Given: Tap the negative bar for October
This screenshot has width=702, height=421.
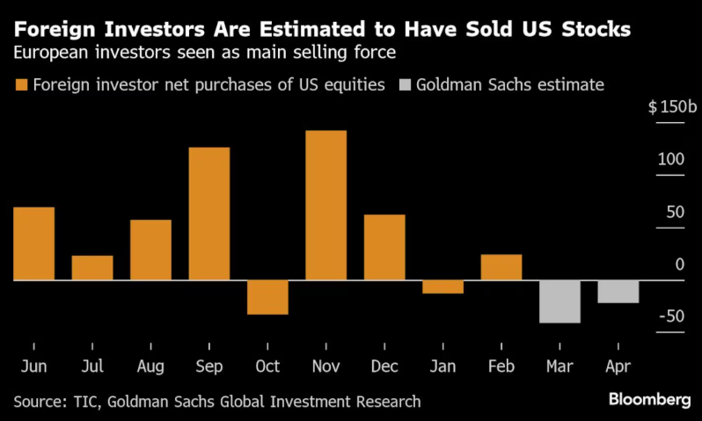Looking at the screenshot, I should pyautogui.click(x=267, y=297).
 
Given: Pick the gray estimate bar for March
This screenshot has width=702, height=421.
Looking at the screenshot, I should pyautogui.click(x=559, y=301).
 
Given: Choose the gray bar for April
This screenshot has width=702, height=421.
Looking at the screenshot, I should pyautogui.click(x=618, y=292).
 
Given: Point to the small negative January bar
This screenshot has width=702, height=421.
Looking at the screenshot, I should pyautogui.click(x=442, y=287).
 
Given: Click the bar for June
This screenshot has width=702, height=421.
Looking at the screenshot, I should pyautogui.click(x=33, y=243).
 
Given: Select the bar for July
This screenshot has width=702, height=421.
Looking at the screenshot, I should pyautogui.click(x=92, y=267).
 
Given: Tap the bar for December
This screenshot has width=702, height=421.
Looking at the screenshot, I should pyautogui.click(x=384, y=247).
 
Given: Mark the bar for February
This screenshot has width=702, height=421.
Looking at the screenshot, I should pyautogui.click(x=501, y=267).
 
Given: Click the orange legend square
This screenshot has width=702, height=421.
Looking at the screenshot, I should pyautogui.click(x=21, y=85).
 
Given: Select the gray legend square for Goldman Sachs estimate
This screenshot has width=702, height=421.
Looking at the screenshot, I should pyautogui.click(x=405, y=85).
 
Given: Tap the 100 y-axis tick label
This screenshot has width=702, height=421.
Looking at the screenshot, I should pyautogui.click(x=672, y=160).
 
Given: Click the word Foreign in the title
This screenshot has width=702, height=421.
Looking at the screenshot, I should pyautogui.click(x=53, y=29).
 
